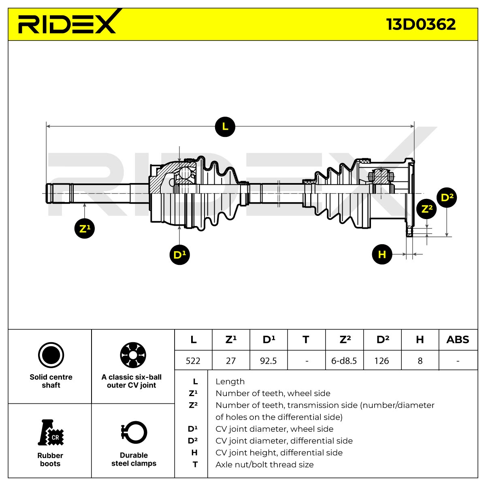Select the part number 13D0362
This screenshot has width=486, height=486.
click(x=421, y=24)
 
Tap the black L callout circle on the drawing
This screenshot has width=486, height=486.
click(x=225, y=127)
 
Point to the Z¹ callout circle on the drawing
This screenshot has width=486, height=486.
click(x=85, y=228)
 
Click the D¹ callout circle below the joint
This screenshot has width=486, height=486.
click(x=179, y=254)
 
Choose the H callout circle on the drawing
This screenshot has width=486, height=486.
click(x=382, y=254)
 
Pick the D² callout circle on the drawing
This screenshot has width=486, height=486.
click(x=447, y=198)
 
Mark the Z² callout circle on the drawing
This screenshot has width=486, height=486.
click(x=426, y=209)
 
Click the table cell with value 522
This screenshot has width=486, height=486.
click(x=193, y=361)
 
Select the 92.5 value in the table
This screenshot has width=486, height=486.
click(x=269, y=361)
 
